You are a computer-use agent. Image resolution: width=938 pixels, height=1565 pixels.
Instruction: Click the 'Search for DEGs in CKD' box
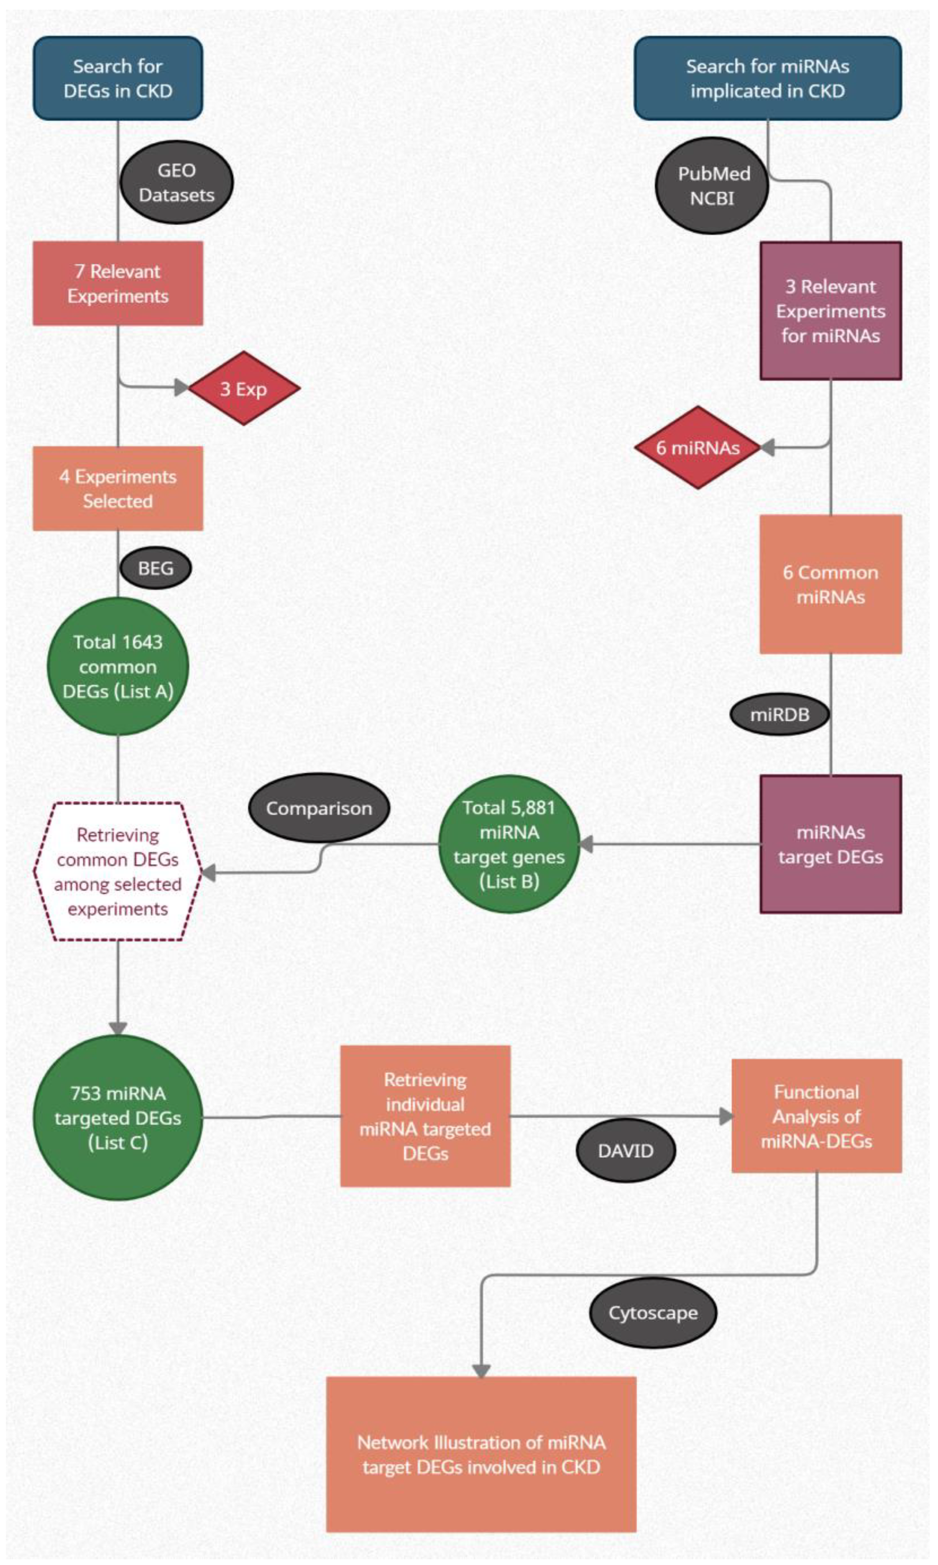118,78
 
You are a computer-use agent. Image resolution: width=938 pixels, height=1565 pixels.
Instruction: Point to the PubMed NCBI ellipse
712,185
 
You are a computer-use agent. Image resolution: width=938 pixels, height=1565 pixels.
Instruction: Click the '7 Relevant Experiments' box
118,283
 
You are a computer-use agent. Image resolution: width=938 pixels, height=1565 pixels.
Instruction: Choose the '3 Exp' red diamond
244,388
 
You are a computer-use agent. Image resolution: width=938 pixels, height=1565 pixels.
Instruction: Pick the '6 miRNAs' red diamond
697,448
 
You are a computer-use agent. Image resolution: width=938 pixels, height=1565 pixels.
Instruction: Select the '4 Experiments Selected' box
118,488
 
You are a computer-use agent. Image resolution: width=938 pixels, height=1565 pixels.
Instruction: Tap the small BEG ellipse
156,568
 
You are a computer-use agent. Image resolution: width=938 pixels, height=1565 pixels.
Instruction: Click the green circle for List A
118,667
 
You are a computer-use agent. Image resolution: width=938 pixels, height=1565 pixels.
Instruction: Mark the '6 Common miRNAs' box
830,584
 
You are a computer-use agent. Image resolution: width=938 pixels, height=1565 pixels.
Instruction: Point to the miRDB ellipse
780,715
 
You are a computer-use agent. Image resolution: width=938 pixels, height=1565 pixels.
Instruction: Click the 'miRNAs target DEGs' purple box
830,844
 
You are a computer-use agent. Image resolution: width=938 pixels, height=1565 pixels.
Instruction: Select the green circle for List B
509,844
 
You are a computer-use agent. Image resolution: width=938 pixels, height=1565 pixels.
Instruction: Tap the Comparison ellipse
319,808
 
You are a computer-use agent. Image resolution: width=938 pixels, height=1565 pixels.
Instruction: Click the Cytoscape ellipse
653,1313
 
